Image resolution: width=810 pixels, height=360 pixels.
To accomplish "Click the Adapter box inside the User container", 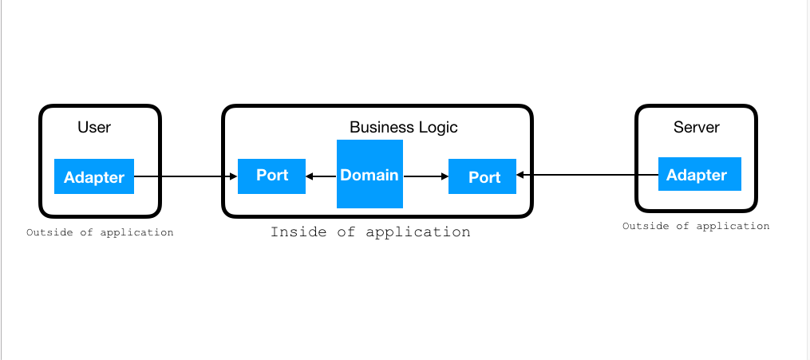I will pos(94,176).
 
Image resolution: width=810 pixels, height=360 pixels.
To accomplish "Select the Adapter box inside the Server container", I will pos(699,174).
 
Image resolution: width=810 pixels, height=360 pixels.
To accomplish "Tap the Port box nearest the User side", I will pos(271,176).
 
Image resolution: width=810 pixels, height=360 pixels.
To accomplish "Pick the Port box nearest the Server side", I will pos(482,176).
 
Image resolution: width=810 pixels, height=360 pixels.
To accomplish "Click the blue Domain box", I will pos(369,174).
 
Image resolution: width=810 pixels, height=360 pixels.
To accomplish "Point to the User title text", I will pos(94,127).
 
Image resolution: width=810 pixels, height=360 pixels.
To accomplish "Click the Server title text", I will pos(696,127).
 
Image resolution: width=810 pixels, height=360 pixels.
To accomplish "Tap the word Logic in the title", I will pos(438,127).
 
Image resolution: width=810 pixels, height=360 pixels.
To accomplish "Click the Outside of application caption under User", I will pos(100,232).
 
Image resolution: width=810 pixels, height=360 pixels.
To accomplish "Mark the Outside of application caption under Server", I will pos(696,226).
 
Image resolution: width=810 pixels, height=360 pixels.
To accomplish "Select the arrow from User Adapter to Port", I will pos(184,176).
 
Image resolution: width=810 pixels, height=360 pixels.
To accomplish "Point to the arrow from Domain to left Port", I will pos(322,176).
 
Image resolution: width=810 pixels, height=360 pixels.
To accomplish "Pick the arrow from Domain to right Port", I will pos(425,176).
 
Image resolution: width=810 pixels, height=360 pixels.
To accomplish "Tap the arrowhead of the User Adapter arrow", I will pos(234,176).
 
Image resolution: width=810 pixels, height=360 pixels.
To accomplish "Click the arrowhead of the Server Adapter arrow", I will pos(520,175).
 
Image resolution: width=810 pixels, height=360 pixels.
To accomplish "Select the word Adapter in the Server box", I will pos(697,175).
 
